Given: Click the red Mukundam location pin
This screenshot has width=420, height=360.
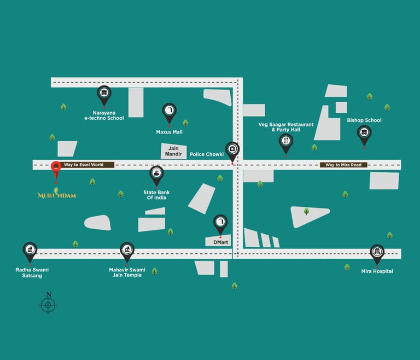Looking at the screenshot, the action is tap(55, 167).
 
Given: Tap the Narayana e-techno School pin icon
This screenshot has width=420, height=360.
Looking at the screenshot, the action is tap(103, 94).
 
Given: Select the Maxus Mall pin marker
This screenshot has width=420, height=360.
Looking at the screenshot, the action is tap(169, 112).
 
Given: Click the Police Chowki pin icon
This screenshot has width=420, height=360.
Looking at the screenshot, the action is tap(232, 149).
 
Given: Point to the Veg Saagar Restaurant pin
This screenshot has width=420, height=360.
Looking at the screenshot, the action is tap(285, 142).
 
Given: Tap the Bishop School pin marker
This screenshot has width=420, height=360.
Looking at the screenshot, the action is tap(364, 133).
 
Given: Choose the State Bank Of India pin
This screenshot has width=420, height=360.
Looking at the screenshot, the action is tap(157, 175).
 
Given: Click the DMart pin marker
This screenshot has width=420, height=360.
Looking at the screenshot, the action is tap(220, 222).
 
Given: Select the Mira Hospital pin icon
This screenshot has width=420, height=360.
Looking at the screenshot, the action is tap(377, 253).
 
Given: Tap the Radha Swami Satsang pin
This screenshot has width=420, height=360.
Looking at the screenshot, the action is tap(30, 251).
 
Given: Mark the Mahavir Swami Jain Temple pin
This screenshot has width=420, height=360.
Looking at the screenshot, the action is tap(127, 251).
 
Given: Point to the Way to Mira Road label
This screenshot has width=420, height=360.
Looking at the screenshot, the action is tap(343, 165).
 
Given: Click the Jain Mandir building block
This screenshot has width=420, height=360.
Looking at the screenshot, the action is tap(173, 151).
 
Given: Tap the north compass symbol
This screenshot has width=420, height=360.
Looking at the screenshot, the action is tap(48, 304).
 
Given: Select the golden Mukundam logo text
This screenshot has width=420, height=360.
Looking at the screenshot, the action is tap(57, 195).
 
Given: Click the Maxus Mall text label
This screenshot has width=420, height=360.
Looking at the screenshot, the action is tap(170, 132).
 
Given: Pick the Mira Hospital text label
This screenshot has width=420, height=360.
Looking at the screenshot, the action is tap(377, 271).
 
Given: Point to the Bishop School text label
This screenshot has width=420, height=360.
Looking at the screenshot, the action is tap(364, 120).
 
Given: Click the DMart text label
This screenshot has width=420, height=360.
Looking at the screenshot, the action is tap(220, 241).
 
